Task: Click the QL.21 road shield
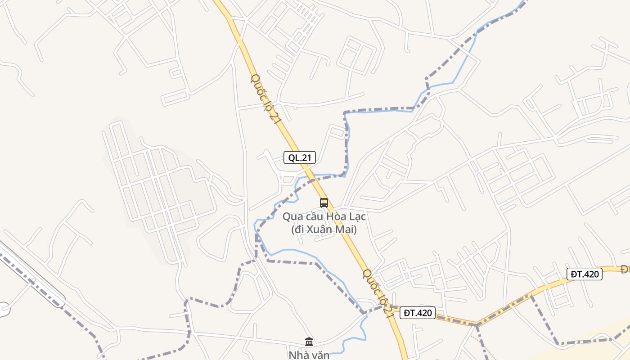click(x=300, y=157)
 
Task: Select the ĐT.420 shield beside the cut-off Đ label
click(x=584, y=274)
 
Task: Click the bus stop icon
click(x=324, y=202)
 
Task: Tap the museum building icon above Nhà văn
click(x=309, y=342)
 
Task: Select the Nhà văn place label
click(x=309, y=355)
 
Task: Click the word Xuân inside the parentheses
click(x=322, y=229)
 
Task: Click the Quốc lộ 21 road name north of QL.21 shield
click(x=265, y=99)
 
